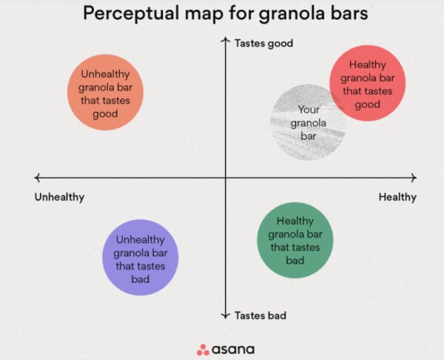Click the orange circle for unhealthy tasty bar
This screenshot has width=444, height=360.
(x=105, y=93)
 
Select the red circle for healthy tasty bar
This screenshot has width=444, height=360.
(x=367, y=83)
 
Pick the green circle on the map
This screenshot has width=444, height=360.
(x=295, y=240)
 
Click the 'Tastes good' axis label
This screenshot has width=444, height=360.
(x=263, y=44)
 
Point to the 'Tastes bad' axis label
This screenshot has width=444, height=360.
(x=260, y=316)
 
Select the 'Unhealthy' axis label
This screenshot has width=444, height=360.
(x=59, y=197)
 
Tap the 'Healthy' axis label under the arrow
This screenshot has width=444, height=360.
(x=397, y=197)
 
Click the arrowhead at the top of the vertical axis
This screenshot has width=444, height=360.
(x=226, y=39)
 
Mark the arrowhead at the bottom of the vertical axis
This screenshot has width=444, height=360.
(x=226, y=317)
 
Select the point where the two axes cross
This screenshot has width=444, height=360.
(x=226, y=178)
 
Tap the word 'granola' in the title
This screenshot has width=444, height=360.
(x=281, y=14)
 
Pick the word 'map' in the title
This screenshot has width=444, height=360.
(x=200, y=14)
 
